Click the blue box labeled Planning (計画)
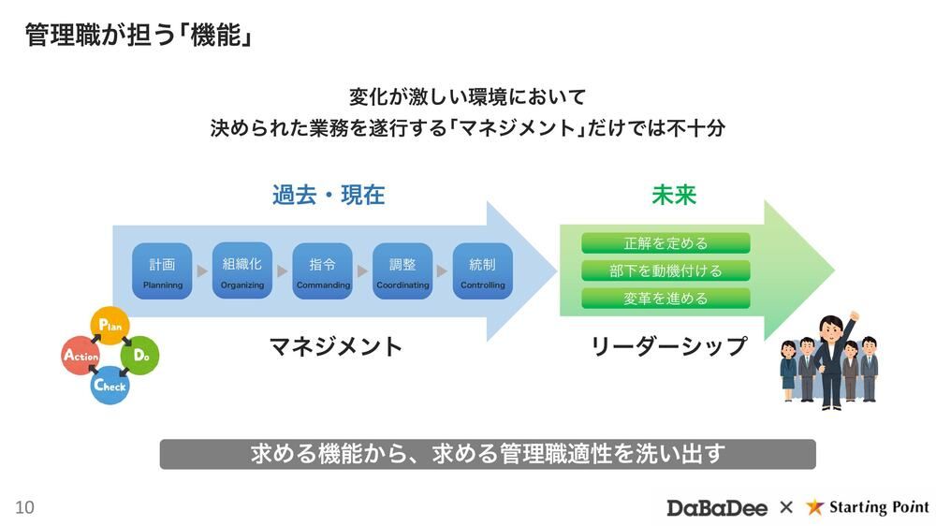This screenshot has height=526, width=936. tap(162, 271)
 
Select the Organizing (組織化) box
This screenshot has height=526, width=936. tap(242, 271)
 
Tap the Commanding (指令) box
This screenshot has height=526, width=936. tap(322, 271)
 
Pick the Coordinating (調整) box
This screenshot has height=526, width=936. tap(402, 271)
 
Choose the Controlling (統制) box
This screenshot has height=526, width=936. tap(482, 271)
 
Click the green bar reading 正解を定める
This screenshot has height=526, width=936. tap(665, 243)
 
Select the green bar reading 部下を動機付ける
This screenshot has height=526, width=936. tap(665, 270)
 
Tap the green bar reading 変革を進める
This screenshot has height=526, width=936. tap(665, 299)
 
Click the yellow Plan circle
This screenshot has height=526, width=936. tap(110, 326)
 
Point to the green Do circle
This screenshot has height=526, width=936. tap(141, 356)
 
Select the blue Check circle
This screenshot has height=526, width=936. tap(110, 385)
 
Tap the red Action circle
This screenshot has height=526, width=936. tap(80, 356)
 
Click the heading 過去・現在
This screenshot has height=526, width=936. tap(329, 195)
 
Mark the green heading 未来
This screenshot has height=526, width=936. tap(674, 195)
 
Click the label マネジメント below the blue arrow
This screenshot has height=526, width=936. tap(335, 346)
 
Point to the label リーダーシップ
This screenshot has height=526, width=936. tap(668, 346)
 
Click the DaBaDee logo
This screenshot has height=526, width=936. tap(716, 507)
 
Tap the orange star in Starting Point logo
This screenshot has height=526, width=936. tap(815, 506)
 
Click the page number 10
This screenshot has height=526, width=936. tap(24, 507)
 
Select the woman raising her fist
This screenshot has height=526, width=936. tap(831, 360)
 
